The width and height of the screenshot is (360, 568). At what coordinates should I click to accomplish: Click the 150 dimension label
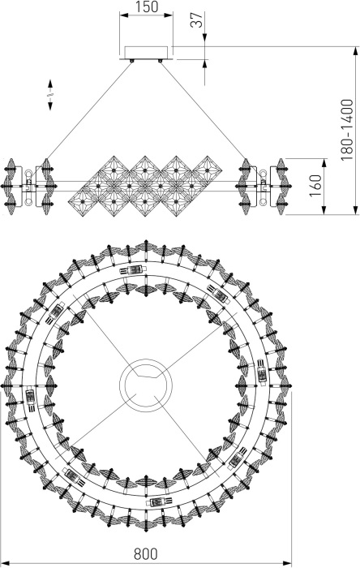[146, 6]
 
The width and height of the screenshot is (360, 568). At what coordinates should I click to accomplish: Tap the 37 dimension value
[195, 19]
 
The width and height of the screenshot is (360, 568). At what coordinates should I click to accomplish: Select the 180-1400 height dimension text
[346, 130]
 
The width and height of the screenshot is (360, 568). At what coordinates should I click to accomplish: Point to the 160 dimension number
[315, 186]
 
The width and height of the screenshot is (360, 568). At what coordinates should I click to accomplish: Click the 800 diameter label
[146, 553]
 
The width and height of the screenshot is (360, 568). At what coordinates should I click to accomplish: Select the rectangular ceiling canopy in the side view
[146, 53]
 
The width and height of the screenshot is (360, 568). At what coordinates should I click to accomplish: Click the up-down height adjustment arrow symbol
[50, 95]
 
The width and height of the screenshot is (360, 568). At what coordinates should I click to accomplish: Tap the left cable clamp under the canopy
[132, 61]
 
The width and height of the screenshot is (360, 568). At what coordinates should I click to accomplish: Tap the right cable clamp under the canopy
[161, 61]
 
